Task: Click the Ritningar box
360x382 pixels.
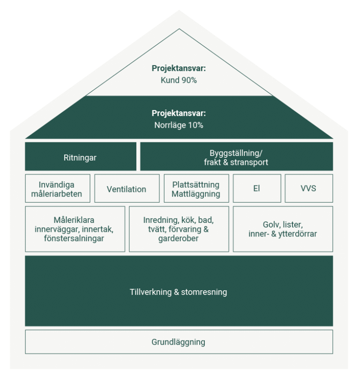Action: pyautogui.click(x=80, y=157)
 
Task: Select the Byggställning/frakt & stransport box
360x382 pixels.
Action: pyautogui.click(x=236, y=157)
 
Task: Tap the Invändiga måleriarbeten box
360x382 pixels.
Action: pyautogui.click(x=56, y=189)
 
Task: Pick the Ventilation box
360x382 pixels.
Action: pyautogui.click(x=127, y=189)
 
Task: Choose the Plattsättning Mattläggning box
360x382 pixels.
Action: pyautogui.click(x=195, y=189)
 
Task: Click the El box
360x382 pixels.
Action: pyautogui.click(x=256, y=189)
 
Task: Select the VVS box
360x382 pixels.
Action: pyautogui.click(x=308, y=189)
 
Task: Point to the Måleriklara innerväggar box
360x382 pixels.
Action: pyautogui.click(x=75, y=229)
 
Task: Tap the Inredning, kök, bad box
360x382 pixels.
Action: pyautogui.click(x=179, y=229)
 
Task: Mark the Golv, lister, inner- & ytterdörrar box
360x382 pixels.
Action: pyautogui.click(x=283, y=229)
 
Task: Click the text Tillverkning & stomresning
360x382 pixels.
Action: pyautogui.click(x=179, y=292)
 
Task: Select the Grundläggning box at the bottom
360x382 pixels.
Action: pyautogui.click(x=179, y=342)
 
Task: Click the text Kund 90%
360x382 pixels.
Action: pyautogui.click(x=179, y=80)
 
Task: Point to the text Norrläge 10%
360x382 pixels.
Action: pyautogui.click(x=179, y=125)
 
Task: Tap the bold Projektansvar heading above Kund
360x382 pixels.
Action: pyautogui.click(x=179, y=68)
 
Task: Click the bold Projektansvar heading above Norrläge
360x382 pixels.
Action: pyautogui.click(x=179, y=113)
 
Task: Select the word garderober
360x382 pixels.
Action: pyautogui.click(x=179, y=239)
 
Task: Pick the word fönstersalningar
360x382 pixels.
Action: pyautogui.click(x=75, y=239)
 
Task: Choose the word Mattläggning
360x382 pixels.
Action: pyautogui.click(x=195, y=194)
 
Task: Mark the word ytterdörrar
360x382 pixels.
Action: pyautogui.click(x=297, y=234)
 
